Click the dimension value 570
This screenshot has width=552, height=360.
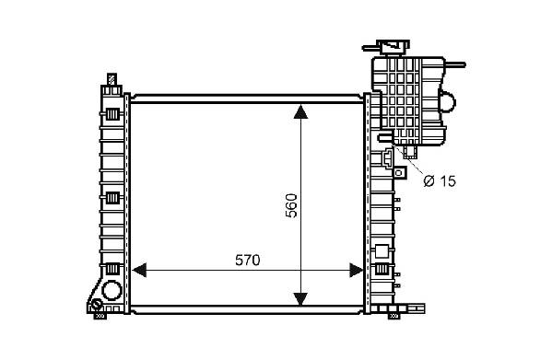[x=248, y=261]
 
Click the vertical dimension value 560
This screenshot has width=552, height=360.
[x=291, y=205]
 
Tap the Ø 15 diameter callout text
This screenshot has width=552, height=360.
[x=440, y=181]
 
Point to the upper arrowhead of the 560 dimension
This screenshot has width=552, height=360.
[x=300, y=111]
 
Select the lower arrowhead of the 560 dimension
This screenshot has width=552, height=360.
[x=300, y=299]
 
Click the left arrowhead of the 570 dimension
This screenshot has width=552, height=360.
[x=139, y=271]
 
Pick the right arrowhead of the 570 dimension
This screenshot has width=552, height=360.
[x=356, y=271]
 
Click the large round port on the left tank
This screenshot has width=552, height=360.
[x=112, y=290]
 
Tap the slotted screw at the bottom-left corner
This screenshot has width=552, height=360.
[x=97, y=305]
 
